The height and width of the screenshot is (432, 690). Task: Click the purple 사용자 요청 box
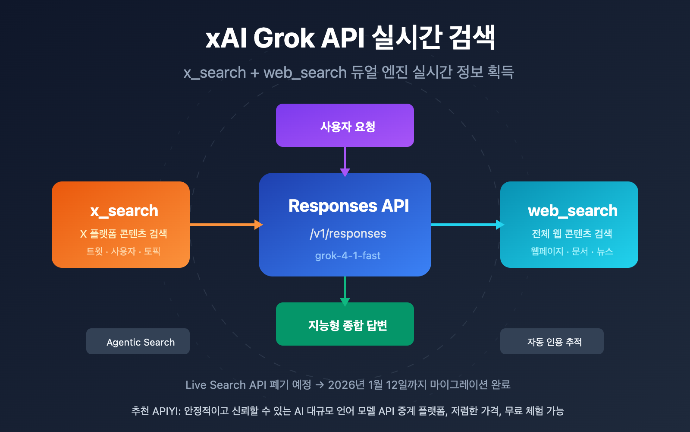pos(345,125)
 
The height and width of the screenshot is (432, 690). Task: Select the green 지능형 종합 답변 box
pos(345,324)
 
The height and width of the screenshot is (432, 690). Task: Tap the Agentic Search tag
pos(138,342)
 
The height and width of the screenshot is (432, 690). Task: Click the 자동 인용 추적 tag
pos(552,342)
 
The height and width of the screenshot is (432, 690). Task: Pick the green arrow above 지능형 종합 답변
pos(345,290)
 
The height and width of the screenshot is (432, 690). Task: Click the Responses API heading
pos(348,206)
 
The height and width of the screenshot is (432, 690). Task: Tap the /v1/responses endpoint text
pos(348,234)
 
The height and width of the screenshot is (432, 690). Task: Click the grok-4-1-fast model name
pos(348,256)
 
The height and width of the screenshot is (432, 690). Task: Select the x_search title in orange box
pos(124,211)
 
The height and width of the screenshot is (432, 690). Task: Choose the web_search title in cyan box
pos(573,211)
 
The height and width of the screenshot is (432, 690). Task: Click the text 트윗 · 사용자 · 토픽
pos(123,251)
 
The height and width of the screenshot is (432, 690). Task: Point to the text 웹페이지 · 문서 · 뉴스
pos(572,251)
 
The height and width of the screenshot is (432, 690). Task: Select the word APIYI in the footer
pos(166,411)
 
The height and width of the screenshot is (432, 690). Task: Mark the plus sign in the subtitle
pos(255,73)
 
